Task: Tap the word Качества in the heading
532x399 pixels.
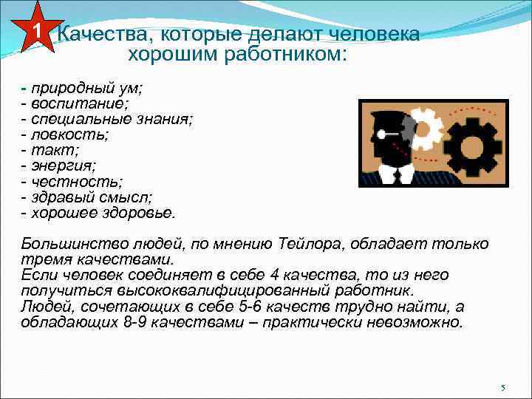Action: point(95,34)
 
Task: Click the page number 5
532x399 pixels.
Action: point(502,388)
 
